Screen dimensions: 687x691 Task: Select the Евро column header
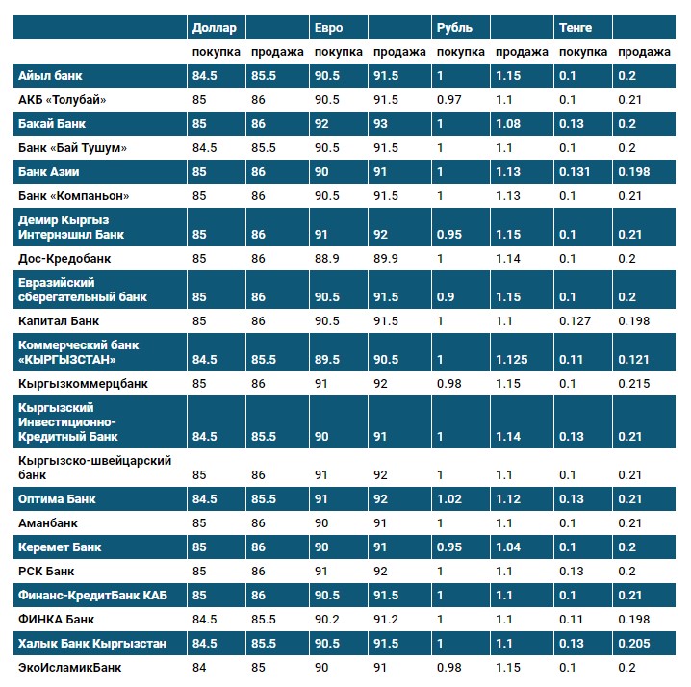pos(327,28)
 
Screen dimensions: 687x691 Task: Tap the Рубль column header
pos(454,28)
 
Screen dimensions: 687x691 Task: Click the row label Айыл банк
pos(47,76)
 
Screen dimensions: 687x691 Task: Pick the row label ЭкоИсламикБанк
pos(69,667)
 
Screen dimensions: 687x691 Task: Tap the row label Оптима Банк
pos(57,499)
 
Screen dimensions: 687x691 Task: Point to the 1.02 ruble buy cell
pos(448,499)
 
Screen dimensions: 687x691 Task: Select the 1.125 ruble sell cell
pos(512,359)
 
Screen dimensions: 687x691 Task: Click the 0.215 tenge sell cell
pos(635,383)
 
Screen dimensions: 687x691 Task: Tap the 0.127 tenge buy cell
pos(576,320)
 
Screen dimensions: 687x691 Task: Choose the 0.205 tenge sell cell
pos(635,643)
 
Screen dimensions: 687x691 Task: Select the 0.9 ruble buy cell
pos(445,296)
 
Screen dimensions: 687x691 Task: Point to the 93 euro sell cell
pos(382,124)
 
